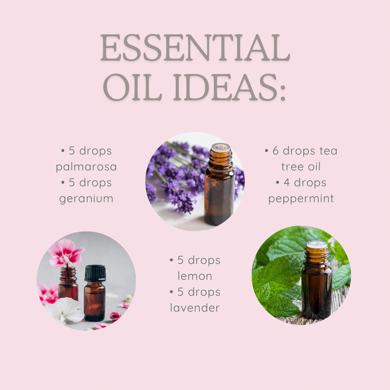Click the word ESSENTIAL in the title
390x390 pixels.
coord(195,48)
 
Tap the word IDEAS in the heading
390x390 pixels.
coord(225,87)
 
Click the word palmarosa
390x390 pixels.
coord(86,166)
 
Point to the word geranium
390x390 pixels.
coord(86,199)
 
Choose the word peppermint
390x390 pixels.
coord(301,199)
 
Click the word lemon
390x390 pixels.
coord(195,276)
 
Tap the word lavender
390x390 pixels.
coord(195,308)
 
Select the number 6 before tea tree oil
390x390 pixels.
coord(276,151)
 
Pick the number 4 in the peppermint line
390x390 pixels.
coord(286,183)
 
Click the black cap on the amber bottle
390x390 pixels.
coord(95,273)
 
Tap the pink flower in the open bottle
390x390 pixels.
coord(66,252)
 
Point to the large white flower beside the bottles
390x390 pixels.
coord(65,311)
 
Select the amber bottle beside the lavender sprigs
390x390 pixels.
coord(220,185)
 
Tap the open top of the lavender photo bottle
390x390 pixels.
coord(220,147)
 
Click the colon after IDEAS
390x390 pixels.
coord(283,92)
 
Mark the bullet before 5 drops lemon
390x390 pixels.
coord(172,260)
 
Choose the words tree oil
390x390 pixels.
coord(301,166)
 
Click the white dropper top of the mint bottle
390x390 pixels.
coord(317,244)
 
